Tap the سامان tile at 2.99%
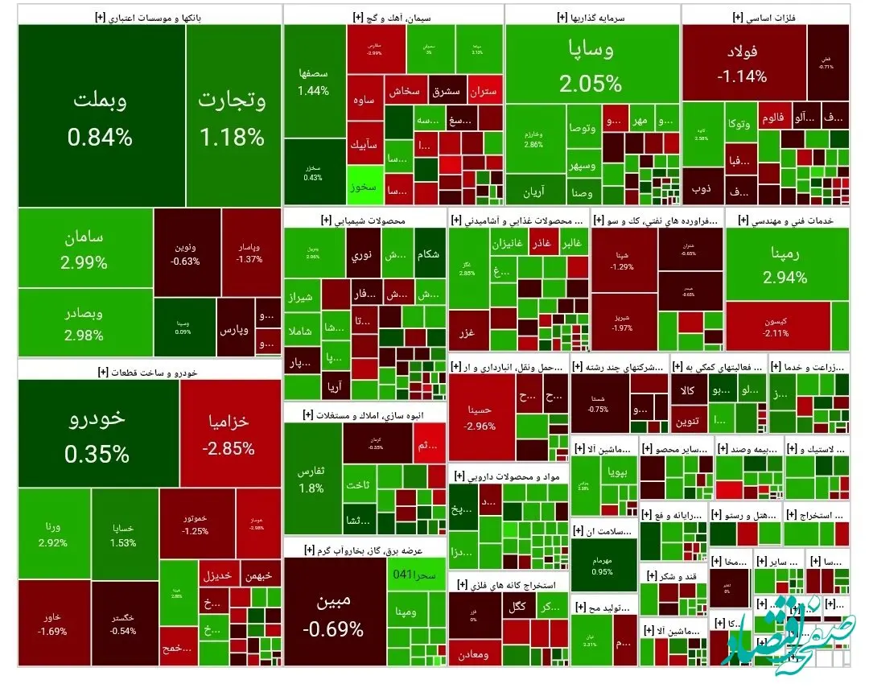[84, 249]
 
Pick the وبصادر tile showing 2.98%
[84, 323]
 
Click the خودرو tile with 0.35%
[97, 435]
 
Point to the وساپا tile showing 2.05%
[591, 64]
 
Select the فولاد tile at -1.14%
[742, 64]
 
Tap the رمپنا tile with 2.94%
[785, 265]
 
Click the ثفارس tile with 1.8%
[312, 478]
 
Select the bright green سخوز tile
[363, 186]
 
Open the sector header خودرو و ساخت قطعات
[150, 371]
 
